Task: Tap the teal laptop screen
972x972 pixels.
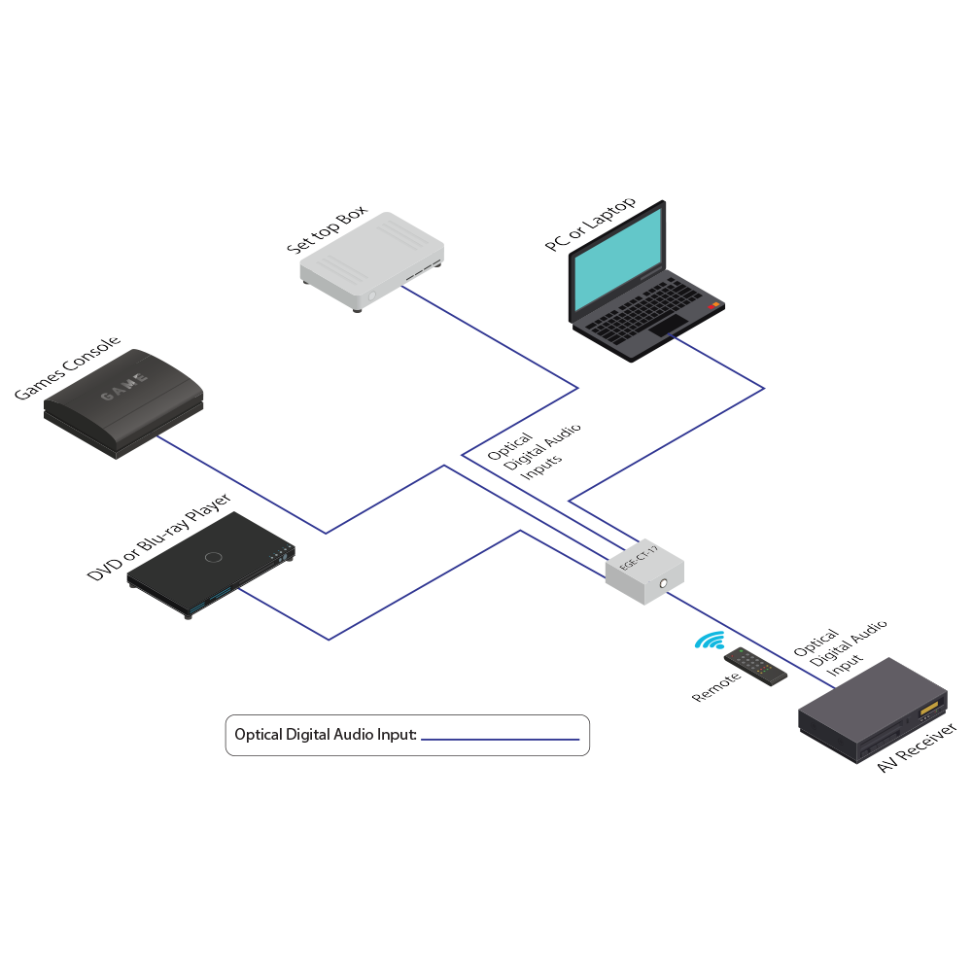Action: click(617, 260)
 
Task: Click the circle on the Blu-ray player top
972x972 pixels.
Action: click(215, 558)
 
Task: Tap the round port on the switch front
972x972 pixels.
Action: click(664, 583)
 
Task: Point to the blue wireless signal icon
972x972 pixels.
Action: click(710, 642)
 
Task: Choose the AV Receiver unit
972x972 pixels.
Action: click(871, 711)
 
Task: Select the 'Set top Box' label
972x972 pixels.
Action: click(327, 231)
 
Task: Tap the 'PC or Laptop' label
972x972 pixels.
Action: click(591, 225)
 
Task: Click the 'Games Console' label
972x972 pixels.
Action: click(67, 368)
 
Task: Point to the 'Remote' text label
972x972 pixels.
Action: click(716, 686)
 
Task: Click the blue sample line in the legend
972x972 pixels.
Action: click(500, 739)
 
